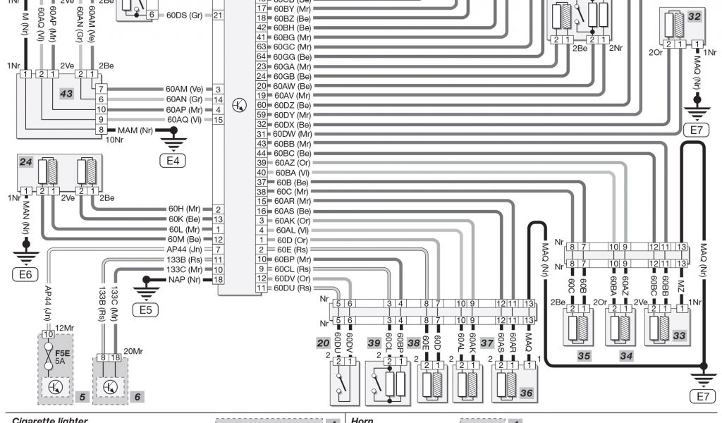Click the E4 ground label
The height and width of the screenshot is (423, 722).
(x=172, y=161)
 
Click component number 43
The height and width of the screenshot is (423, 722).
(x=66, y=94)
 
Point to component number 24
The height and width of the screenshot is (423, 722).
(x=26, y=161)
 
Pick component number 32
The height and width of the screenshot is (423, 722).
(x=695, y=16)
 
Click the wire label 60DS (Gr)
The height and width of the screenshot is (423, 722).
(x=182, y=15)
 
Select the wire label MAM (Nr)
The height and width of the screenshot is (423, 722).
(x=135, y=130)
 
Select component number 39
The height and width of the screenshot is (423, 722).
(x=373, y=343)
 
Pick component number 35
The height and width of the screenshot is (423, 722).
(x=584, y=356)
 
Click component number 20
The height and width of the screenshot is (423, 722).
(x=323, y=343)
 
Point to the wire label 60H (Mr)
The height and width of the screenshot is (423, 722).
(x=185, y=209)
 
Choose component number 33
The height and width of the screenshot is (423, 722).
(x=678, y=336)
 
